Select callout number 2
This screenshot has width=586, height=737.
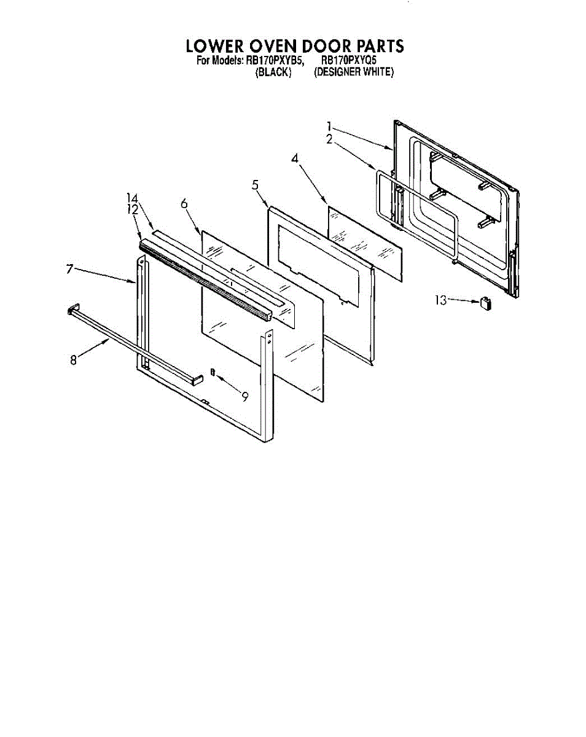(329, 139)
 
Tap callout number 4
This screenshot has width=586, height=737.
(295, 158)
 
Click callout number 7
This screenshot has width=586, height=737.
(70, 268)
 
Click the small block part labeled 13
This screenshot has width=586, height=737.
(487, 303)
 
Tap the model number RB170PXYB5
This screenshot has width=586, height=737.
(275, 61)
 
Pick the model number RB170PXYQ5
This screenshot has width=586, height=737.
(349, 61)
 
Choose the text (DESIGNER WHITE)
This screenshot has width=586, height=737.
(353, 72)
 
